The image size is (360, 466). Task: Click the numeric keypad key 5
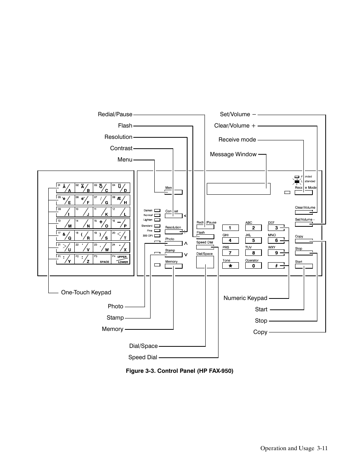254,240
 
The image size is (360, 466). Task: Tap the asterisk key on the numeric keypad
230,266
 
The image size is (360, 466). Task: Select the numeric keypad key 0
254,266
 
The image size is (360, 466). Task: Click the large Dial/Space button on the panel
205,262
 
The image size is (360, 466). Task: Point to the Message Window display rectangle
238,189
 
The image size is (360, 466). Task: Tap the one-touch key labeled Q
66,236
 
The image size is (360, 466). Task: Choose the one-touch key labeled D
121,188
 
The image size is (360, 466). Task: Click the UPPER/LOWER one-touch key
121,259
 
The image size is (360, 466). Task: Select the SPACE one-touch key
103,259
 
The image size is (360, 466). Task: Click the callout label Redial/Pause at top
115,114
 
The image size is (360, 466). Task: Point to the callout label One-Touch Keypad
86,292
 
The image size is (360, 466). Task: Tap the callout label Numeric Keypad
245,298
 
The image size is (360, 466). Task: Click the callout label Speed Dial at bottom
143,357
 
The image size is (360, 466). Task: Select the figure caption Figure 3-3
180,371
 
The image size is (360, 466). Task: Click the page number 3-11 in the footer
322,448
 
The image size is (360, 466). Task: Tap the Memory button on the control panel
174,266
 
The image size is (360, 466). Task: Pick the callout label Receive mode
237,140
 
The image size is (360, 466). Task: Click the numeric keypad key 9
277,253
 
